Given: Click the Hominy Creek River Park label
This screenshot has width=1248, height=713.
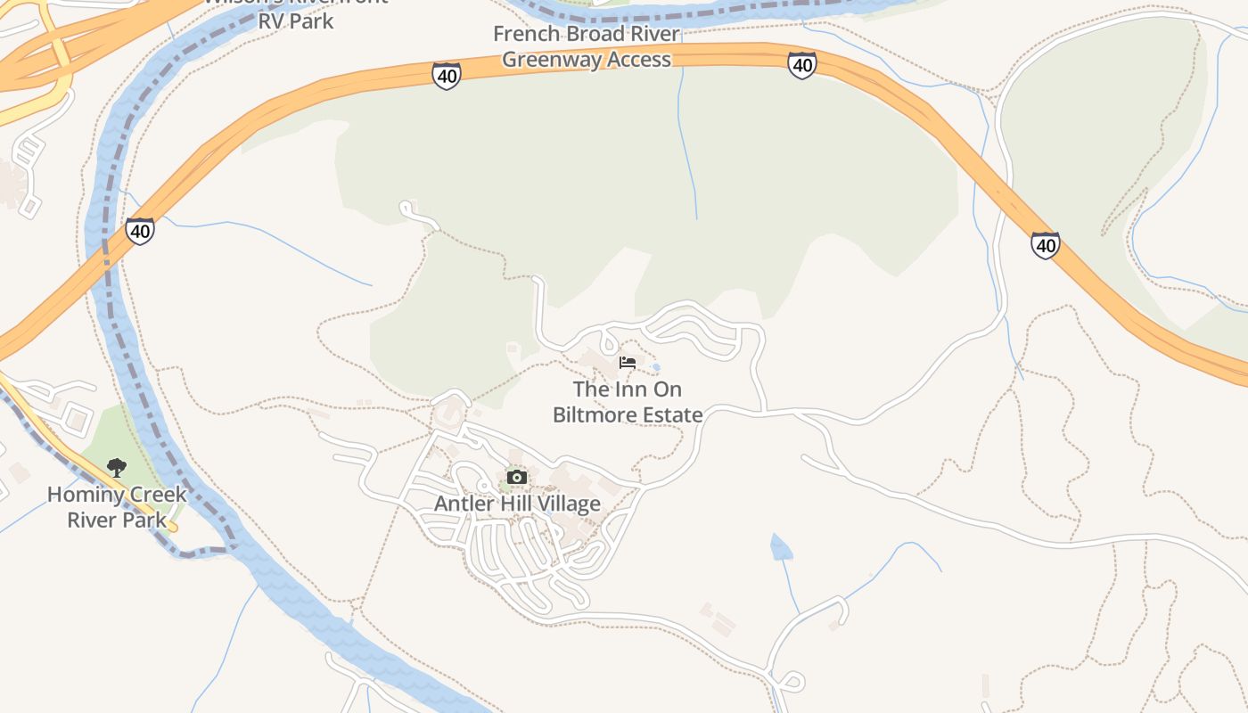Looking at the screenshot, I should tap(117, 506).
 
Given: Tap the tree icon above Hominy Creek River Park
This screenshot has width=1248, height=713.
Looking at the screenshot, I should tap(116, 467).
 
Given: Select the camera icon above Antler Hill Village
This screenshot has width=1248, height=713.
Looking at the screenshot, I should tap(516, 478).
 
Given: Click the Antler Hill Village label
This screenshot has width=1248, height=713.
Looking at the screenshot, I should tap(517, 504).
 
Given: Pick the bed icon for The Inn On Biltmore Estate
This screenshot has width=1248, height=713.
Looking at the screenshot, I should tap(628, 363).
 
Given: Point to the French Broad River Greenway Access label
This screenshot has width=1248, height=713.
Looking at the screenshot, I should tap(587, 46).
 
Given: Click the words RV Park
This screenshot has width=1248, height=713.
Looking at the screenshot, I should tap(295, 20).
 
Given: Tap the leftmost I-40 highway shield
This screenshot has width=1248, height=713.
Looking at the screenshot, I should tap(139, 231).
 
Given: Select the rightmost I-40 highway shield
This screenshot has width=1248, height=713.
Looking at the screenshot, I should tap(1045, 244).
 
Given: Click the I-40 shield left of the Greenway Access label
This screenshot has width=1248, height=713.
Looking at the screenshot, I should tap(447, 76).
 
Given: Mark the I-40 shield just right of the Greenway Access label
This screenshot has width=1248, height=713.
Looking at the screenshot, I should tap(801, 64).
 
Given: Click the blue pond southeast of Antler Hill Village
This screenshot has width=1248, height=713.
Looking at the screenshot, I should tap(781, 547).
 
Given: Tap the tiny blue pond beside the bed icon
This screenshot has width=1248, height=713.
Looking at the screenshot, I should tap(657, 366).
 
